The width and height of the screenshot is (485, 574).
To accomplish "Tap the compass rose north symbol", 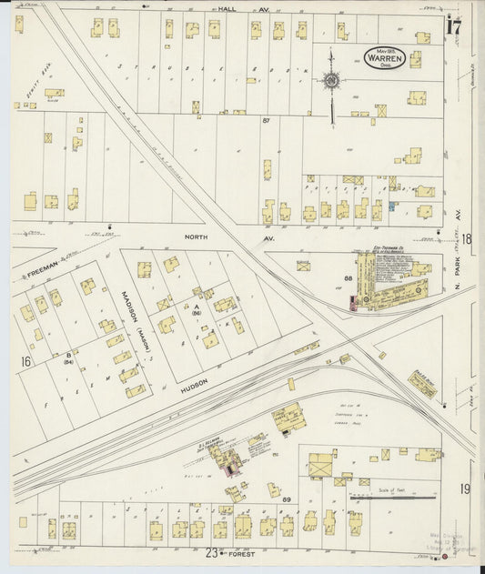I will (331, 81).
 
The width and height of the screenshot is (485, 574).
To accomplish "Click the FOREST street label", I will (242, 551).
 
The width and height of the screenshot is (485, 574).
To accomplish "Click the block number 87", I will (266, 120).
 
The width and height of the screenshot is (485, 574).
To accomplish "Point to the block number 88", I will (348, 277).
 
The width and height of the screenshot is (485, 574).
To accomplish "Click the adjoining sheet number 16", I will (25, 362).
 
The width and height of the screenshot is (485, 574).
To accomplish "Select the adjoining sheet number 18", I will (466, 239).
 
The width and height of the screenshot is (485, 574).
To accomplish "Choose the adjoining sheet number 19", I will (464, 489).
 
